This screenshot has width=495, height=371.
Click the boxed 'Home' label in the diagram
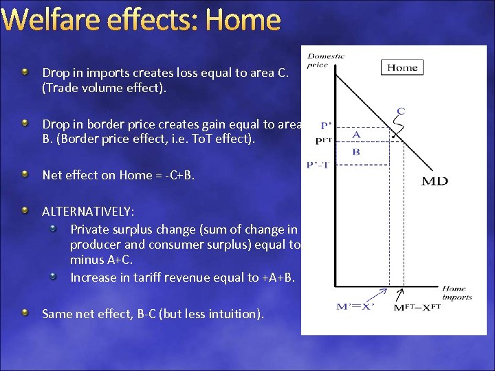point(402,67)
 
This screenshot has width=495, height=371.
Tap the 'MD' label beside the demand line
point(434,181)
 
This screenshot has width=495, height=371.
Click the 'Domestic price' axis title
point(326,60)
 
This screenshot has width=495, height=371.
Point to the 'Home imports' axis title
point(456,293)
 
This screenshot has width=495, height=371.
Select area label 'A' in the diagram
point(356,135)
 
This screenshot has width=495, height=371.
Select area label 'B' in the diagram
point(356,152)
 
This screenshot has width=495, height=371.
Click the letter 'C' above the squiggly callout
point(401,111)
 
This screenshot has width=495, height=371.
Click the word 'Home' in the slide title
point(243,20)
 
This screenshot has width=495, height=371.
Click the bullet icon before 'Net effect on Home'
point(25,175)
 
